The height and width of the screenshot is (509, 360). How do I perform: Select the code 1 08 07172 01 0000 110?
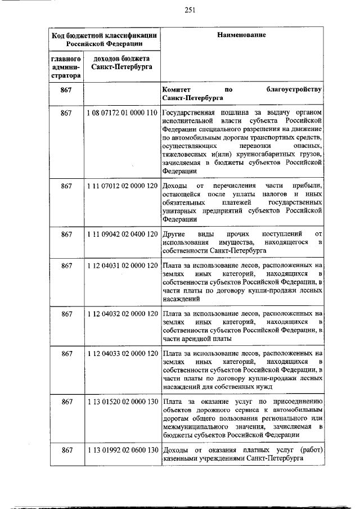(121, 113)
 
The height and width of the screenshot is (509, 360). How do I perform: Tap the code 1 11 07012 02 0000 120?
(121, 186)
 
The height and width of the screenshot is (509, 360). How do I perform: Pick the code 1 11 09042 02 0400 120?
(121, 233)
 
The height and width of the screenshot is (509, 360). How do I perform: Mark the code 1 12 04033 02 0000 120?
(121, 353)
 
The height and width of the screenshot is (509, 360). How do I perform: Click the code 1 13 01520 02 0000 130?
(121, 402)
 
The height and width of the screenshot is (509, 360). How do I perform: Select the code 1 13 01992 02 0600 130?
(121, 450)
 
